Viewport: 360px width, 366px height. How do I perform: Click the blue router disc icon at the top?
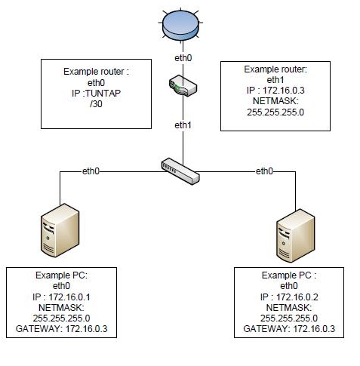coord(180,25)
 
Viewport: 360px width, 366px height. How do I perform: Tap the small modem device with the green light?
coord(183,85)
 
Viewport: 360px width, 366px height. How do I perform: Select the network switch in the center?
coord(180,171)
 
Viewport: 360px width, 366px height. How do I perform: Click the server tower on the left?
coord(60,230)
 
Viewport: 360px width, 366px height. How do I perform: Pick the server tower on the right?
coord(295,235)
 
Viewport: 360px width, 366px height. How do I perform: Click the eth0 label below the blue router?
coord(183,58)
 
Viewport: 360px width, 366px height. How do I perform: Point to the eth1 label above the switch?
coord(183,125)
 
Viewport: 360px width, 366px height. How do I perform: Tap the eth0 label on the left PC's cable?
coord(91,171)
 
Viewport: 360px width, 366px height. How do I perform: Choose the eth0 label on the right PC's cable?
coord(264,171)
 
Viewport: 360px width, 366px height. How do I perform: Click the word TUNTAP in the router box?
coord(103,94)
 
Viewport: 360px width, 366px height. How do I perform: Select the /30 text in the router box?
coord(96,104)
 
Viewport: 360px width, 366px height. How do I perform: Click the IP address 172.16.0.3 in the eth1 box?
coord(284,91)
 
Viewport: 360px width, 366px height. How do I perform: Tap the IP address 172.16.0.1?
coord(69,297)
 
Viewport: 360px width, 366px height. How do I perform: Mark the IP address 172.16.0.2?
coord(297,297)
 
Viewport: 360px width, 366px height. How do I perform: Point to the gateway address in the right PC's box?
coord(314,329)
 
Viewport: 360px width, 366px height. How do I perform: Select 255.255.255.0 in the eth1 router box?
coord(275,112)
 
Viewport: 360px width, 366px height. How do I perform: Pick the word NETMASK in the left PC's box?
coord(61,308)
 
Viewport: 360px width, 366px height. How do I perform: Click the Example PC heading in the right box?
coord(289,275)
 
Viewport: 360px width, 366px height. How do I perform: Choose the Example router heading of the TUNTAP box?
coord(96,72)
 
